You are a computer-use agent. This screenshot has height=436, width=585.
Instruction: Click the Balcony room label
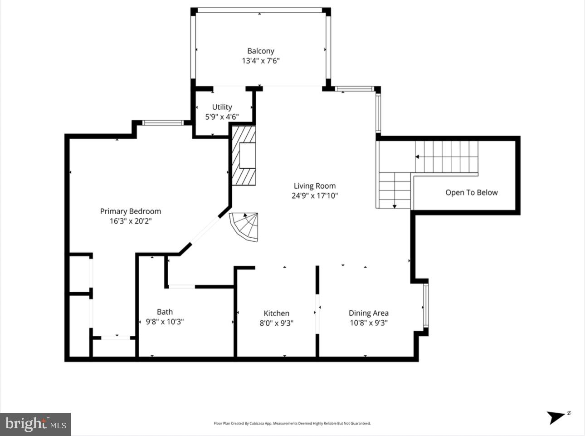point(260,51)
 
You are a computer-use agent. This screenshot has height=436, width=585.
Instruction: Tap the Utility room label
point(222,107)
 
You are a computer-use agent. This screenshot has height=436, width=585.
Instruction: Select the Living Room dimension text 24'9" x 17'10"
point(314,196)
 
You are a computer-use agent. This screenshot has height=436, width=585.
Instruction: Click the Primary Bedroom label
point(130,211)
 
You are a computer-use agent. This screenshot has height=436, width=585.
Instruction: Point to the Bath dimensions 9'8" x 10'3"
point(164,322)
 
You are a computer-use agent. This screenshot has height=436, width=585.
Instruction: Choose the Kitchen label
point(276,313)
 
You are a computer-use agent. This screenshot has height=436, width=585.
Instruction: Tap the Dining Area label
point(368,313)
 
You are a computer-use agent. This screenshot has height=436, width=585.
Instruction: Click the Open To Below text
point(471,192)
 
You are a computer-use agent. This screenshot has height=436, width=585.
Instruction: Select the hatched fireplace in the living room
point(244,156)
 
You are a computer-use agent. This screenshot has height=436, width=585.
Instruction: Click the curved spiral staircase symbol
point(245,226)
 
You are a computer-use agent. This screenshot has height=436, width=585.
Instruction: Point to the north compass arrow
point(556,416)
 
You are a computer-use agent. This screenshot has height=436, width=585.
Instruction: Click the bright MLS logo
point(35,424)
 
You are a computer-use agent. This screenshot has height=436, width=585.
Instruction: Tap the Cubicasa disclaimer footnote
point(292,423)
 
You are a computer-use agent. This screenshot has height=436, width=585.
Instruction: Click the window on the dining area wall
point(425,306)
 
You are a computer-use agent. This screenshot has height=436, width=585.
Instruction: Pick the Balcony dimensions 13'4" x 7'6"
point(260,61)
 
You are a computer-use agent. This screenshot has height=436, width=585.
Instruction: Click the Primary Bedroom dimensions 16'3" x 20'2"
point(130,221)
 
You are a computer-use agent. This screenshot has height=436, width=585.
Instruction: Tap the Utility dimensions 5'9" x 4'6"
point(222,117)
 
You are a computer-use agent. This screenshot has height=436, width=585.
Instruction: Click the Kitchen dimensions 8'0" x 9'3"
point(276,323)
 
